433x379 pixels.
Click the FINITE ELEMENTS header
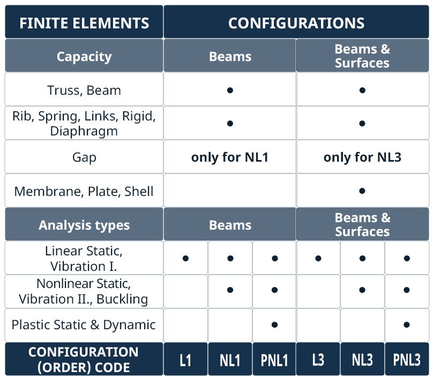click(x=84, y=22)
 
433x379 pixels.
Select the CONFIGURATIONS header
click(x=296, y=22)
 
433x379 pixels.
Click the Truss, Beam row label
click(x=84, y=90)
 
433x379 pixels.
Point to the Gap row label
click(x=84, y=157)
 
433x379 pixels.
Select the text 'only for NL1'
click(x=230, y=157)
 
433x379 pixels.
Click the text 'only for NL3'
click(x=362, y=157)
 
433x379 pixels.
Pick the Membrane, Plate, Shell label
click(x=84, y=192)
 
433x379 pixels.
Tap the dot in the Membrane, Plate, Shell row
click(x=362, y=191)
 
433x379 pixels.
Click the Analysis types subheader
click(x=84, y=225)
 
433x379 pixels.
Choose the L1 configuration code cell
click(x=185, y=360)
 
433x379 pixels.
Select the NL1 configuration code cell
click(x=230, y=360)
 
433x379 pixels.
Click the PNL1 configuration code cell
click(x=274, y=360)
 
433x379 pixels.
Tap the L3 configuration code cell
click(x=318, y=360)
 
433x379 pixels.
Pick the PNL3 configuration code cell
click(x=407, y=360)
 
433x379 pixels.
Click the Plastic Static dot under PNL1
click(x=274, y=324)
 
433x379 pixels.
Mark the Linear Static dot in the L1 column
click(x=185, y=258)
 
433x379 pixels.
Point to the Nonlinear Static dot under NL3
click(x=362, y=290)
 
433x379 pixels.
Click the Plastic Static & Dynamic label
click(x=84, y=324)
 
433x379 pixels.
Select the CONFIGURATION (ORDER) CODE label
click(x=84, y=360)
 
